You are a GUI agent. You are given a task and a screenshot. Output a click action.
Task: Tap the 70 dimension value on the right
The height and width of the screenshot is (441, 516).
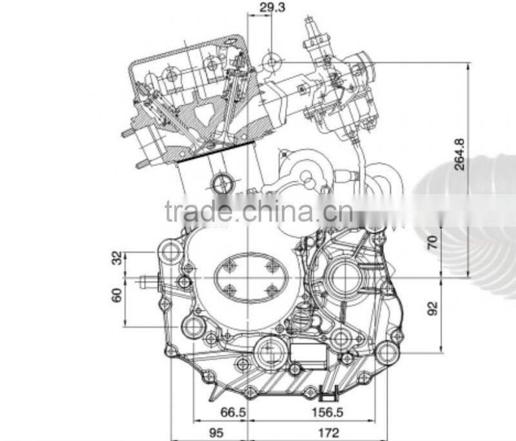(432, 242)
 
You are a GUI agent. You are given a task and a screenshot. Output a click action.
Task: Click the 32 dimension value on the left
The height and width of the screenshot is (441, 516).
(117, 258)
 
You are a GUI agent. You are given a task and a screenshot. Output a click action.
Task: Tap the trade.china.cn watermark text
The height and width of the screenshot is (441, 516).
(258, 211)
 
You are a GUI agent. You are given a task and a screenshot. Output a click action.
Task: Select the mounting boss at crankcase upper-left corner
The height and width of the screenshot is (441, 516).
(170, 251)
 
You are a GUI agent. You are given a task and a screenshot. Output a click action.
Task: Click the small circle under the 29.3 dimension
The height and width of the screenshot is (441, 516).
(272, 62)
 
